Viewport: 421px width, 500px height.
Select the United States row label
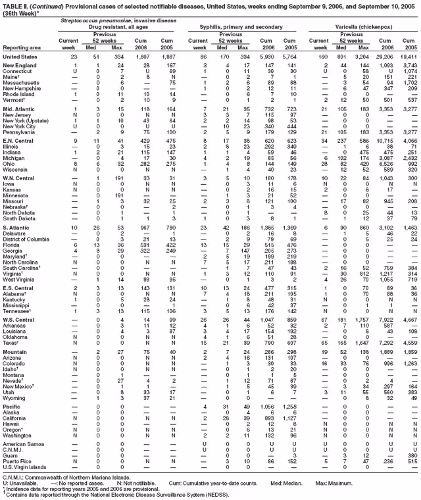[x=20, y=57]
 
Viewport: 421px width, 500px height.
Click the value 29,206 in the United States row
[x=384, y=57]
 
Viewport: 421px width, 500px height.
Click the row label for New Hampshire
[x=22, y=87]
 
